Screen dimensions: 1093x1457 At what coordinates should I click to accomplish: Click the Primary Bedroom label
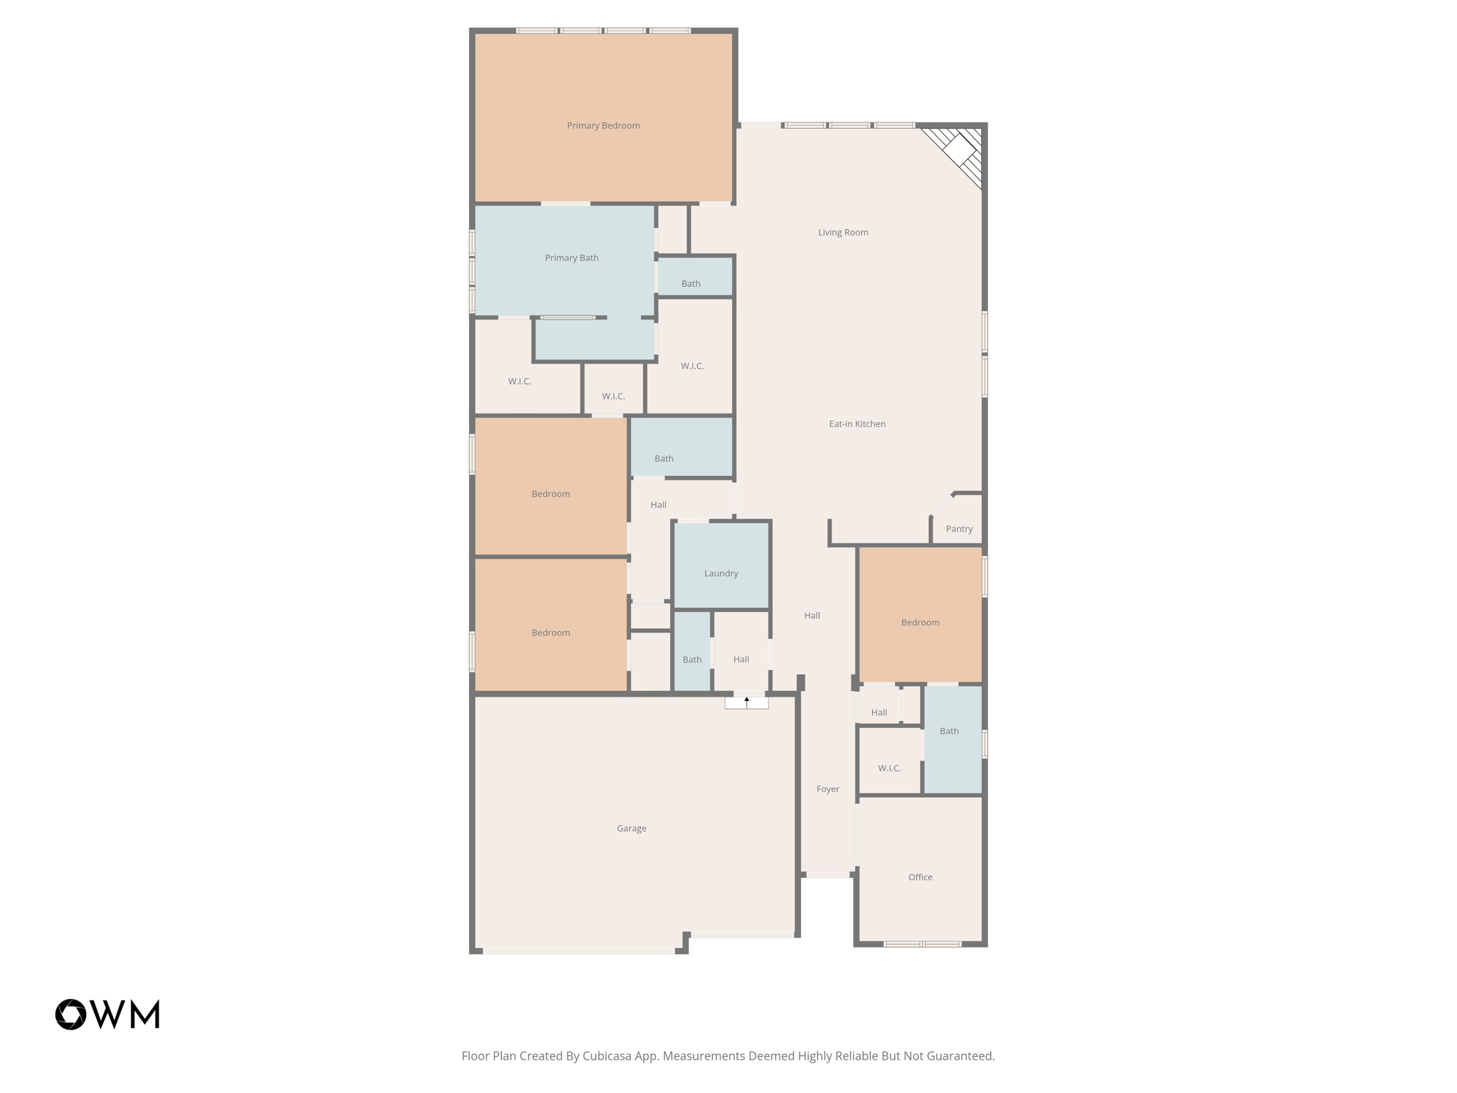[603, 126]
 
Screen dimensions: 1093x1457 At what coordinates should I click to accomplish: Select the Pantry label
[958, 529]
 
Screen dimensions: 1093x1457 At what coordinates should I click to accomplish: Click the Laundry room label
[721, 574]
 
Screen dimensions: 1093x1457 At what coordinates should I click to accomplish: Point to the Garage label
[631, 828]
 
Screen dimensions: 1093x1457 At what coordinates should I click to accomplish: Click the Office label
[919, 877]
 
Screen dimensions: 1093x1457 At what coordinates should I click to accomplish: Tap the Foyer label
[827, 789]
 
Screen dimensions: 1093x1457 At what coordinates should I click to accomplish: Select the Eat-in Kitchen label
[857, 424]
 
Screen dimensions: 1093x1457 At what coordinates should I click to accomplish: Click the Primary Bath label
[571, 258]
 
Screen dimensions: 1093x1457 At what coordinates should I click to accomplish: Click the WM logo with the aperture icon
[107, 1014]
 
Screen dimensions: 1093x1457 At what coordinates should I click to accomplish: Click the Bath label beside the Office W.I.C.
[948, 732]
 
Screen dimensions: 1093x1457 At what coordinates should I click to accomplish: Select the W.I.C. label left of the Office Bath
[889, 769]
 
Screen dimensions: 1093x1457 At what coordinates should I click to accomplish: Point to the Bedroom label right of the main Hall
[919, 623]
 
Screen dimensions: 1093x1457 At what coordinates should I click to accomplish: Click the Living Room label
[842, 233]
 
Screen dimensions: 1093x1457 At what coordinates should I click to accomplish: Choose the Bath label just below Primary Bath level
[690, 284]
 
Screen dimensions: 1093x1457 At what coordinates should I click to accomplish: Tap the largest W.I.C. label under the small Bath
[692, 366]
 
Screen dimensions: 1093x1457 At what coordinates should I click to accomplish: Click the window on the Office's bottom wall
[922, 944]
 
